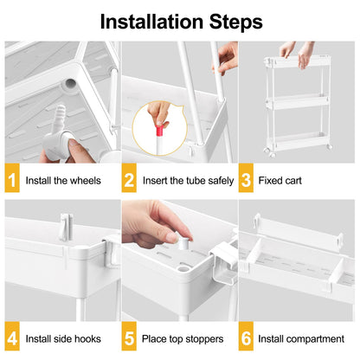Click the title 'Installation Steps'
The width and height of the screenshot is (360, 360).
click(x=180, y=20)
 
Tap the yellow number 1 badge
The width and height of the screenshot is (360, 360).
click(x=12, y=181)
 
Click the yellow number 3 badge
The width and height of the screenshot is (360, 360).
click(x=247, y=181)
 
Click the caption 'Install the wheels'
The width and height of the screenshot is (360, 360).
click(x=64, y=181)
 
